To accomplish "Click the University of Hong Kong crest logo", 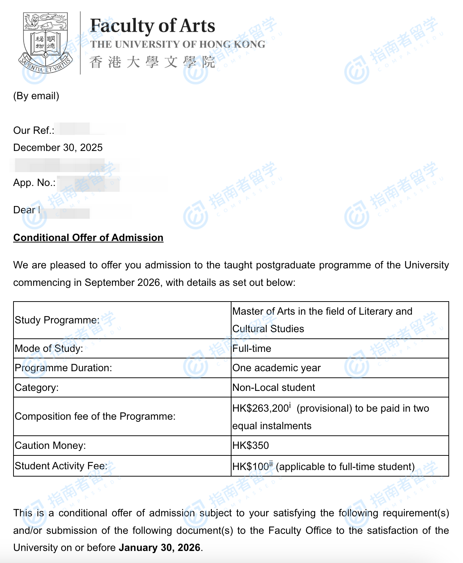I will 46,43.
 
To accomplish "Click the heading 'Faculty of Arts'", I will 152,26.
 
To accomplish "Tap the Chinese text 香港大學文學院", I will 152,62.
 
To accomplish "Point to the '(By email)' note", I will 36,96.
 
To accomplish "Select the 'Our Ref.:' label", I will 34,130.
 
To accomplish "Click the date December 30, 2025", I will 58,147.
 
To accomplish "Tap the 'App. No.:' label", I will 34,182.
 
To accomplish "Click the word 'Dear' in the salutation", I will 24,210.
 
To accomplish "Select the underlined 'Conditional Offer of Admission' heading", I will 88,237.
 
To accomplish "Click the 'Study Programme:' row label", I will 57,320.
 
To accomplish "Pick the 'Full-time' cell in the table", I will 252,348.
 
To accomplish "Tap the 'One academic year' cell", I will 276,368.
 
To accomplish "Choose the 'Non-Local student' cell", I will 273,387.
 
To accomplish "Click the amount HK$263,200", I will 261,408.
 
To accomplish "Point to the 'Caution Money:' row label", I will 50,445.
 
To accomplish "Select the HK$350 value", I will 250,445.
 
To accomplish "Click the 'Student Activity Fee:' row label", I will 61,466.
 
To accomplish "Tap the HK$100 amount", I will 250,466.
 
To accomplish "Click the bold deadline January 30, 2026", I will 159,547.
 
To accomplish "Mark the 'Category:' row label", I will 36,387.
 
